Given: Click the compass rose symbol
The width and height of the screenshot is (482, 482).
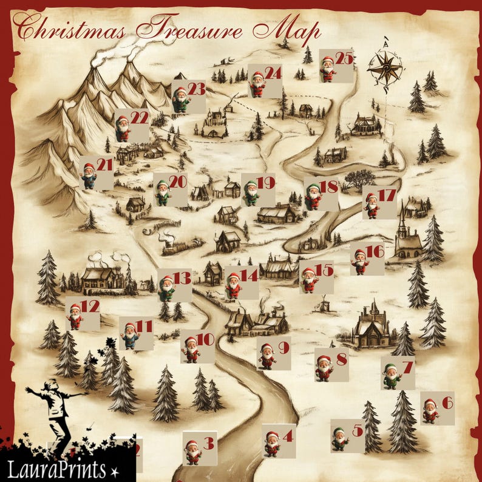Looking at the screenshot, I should [385, 68].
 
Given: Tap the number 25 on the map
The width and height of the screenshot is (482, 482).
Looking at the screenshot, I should [344, 59].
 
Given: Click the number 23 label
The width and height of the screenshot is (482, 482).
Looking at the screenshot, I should [196, 89].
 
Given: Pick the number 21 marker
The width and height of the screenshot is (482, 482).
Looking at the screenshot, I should [104, 165].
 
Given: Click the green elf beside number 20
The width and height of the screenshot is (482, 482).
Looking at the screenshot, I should [162, 193].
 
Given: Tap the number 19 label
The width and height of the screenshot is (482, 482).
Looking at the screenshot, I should [266, 182].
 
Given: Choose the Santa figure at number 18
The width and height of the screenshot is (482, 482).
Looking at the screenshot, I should [313, 197].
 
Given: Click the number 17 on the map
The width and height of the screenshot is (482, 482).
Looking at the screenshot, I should [387, 195].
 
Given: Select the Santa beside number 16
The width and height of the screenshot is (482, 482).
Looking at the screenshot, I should [360, 262].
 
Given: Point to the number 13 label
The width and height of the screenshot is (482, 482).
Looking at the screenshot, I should [182, 278].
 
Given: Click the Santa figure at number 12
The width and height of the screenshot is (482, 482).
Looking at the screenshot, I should [75, 316].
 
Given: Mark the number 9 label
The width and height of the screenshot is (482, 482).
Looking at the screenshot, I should [283, 348].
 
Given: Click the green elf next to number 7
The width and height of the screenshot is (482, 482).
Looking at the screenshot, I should [392, 376].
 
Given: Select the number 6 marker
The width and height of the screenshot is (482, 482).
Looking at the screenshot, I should [447, 402].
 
